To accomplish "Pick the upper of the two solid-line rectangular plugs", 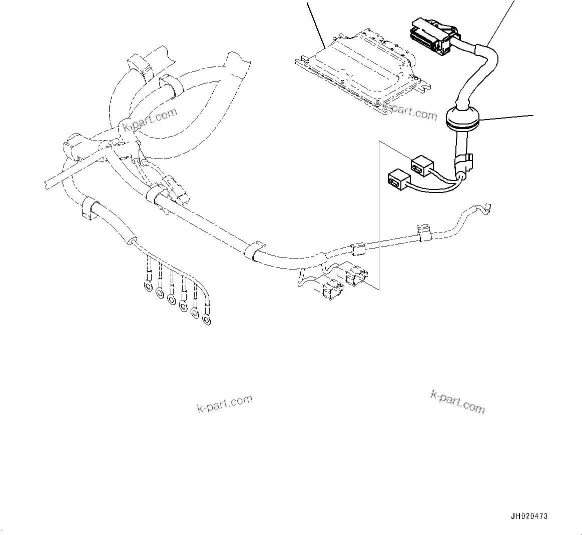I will pyautogui.click(x=422, y=165).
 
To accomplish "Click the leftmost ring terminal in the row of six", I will pyautogui.click(x=148, y=285).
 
